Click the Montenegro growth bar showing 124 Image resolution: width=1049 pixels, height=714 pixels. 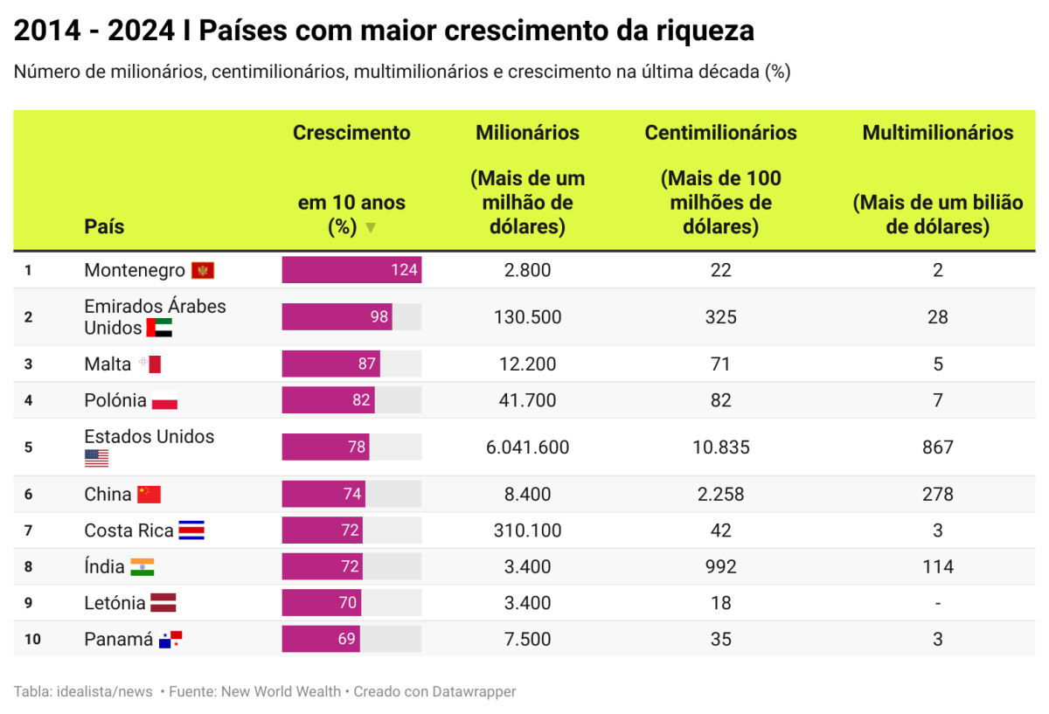pos(351,270)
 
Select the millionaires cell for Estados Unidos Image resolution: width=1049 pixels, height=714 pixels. pos(527,447)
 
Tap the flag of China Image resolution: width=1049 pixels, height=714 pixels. pos(149,495)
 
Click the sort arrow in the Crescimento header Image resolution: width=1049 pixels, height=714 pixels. pos(370,228)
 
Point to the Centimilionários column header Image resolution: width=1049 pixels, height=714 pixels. pos(720,133)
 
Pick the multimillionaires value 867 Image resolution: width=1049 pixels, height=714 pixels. pos(937,447)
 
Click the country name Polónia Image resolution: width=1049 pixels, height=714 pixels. pos(115,400)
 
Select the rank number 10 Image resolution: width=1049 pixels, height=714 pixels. pos(32,639)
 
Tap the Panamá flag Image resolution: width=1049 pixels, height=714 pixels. pos(170,640)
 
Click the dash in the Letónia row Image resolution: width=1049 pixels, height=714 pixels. pos(937,603)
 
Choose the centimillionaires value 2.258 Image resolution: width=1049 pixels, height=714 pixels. pos(720,495)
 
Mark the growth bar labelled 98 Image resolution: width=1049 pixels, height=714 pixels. pos(337,316)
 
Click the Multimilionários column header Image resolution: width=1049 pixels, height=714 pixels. pos(937,133)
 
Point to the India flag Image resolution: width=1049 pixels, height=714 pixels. pos(142,567)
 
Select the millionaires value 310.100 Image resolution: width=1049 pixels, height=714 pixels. pos(527,530)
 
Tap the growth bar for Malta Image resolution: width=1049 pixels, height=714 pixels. pos(330,364)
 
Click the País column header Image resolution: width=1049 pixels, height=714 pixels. pos(104,226)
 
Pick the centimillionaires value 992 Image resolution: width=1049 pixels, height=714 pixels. pos(720,567)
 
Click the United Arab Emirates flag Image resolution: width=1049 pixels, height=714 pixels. pos(159,329)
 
